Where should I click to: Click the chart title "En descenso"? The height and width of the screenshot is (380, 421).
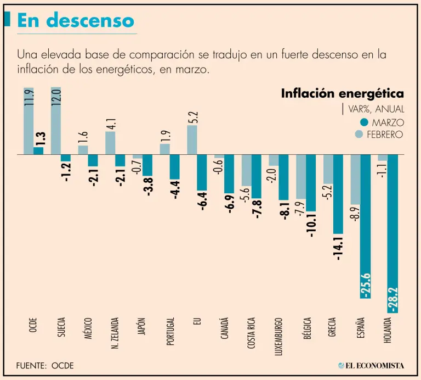pos(76,20)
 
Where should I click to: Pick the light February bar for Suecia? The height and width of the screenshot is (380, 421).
pos(55,121)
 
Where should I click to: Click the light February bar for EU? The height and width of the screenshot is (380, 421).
pos(192,140)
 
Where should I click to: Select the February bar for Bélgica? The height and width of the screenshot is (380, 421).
pos(300,176)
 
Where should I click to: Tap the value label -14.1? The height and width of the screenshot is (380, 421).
pos(338,248)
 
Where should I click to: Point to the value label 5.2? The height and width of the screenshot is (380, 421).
pos(192,118)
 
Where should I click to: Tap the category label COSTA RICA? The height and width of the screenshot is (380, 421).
pos(251,333)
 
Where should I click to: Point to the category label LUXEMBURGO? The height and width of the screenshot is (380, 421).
pos(279,335)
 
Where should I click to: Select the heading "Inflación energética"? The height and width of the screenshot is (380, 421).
pos(342,93)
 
